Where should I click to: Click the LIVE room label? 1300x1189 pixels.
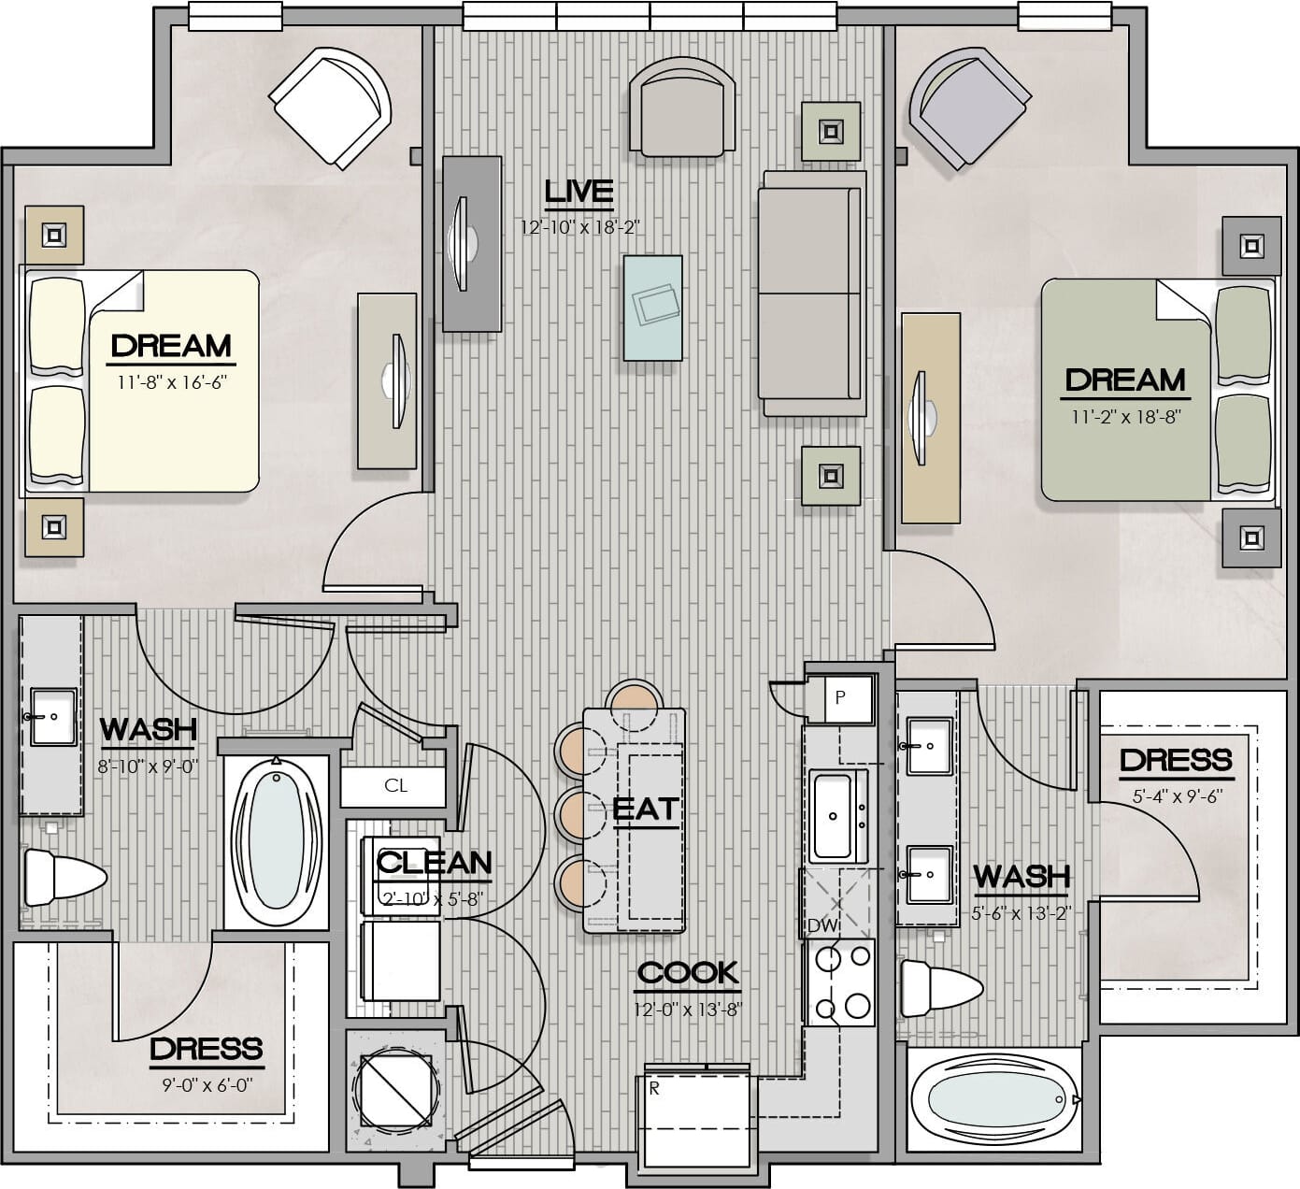pos(579,192)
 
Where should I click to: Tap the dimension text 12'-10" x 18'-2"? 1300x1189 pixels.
pos(580,227)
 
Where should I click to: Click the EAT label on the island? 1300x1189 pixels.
pos(646,809)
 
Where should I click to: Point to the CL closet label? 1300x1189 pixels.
pos(395,786)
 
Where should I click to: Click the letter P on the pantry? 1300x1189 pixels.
pos(840,697)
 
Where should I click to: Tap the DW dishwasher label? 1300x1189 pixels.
pos(823,925)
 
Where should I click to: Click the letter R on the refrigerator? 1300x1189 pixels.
pos(654,1089)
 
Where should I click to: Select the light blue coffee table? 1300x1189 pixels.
pos(652,308)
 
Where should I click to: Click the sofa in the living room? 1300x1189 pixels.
pos(812,294)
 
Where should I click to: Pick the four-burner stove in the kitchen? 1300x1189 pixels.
pos(840,982)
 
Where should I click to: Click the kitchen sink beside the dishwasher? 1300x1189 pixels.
pos(838,817)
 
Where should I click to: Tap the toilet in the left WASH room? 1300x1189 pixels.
pos(64,878)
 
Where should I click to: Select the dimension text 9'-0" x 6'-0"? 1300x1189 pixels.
pos(207,1084)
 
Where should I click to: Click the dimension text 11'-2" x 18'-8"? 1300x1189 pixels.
pos(1125,416)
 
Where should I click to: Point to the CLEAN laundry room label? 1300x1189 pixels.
pos(434,863)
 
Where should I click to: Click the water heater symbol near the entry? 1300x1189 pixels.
pos(396,1091)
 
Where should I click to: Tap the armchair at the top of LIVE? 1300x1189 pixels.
pos(682,107)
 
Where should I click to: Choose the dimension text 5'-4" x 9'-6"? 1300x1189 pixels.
pos(1177,795)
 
